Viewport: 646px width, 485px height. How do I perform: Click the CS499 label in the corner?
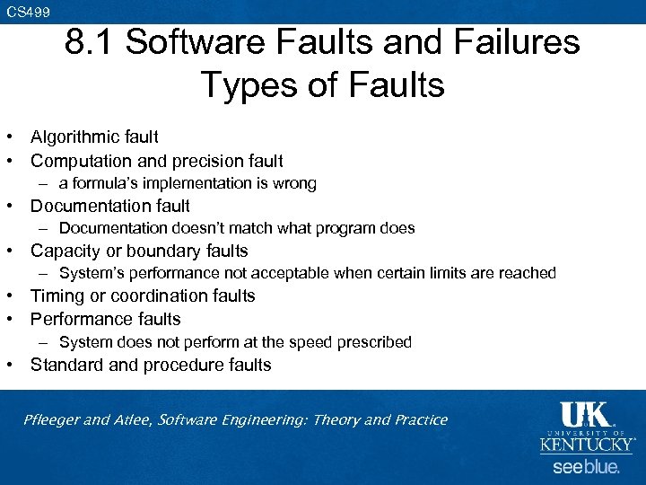pos(28,12)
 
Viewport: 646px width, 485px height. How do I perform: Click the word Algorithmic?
pos(74,137)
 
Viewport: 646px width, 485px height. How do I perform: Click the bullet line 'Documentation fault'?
pos(109,207)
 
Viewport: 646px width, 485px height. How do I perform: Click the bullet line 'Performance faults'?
pos(105,320)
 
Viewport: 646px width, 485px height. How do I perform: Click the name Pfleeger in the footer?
pos(55,420)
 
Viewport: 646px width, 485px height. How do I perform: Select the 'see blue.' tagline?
pos(586,467)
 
